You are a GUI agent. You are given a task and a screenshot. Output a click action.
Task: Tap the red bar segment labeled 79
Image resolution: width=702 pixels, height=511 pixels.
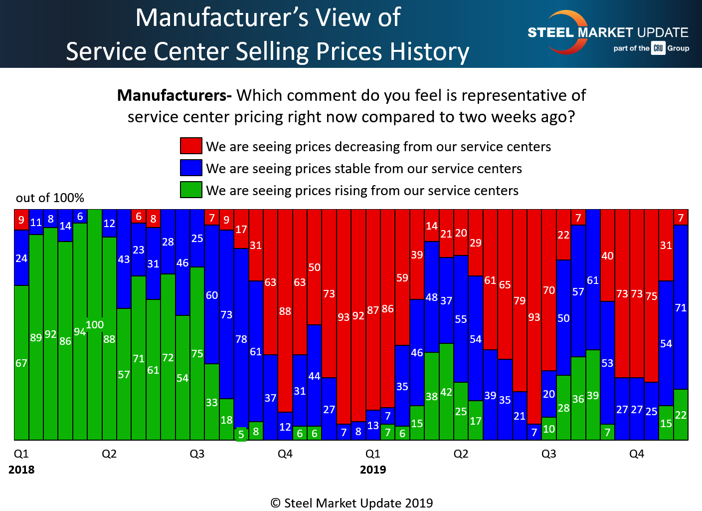pyautogui.click(x=520, y=300)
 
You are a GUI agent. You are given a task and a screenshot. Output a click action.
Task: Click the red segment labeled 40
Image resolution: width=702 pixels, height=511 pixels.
pyautogui.click(x=607, y=255)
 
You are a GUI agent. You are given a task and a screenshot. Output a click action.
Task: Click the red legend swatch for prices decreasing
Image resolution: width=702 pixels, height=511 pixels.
pyautogui.click(x=191, y=146)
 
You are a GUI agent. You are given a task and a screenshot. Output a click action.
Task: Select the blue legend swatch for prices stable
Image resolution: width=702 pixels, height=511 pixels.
pyautogui.click(x=191, y=168)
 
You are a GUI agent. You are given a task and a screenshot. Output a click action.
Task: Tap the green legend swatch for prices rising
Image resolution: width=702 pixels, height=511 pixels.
pyautogui.click(x=191, y=190)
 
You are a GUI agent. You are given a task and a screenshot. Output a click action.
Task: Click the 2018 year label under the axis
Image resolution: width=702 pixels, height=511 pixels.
pyautogui.click(x=21, y=470)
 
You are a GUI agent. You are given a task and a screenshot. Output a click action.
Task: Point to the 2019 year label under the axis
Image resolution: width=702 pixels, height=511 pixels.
pyautogui.click(x=373, y=470)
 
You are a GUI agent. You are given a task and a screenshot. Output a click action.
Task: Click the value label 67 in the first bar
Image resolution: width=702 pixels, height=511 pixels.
pyautogui.click(x=21, y=363)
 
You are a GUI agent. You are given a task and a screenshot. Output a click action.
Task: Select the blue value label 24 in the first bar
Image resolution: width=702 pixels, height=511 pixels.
pyautogui.click(x=21, y=258)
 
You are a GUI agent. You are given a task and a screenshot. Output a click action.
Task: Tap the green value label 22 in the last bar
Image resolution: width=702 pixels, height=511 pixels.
pyautogui.click(x=681, y=415)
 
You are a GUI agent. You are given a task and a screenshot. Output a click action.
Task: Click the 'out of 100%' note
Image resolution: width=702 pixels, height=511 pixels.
pyautogui.click(x=50, y=198)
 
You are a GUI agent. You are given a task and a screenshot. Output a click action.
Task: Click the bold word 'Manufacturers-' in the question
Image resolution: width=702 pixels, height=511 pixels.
pyautogui.click(x=174, y=95)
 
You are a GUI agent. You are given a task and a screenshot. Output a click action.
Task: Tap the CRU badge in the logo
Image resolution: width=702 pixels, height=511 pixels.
pyautogui.click(x=658, y=48)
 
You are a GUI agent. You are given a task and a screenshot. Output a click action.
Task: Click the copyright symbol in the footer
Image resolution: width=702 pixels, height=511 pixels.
pyautogui.click(x=276, y=503)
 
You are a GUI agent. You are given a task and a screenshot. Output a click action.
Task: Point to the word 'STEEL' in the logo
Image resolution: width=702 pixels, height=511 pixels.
pyautogui.click(x=551, y=33)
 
